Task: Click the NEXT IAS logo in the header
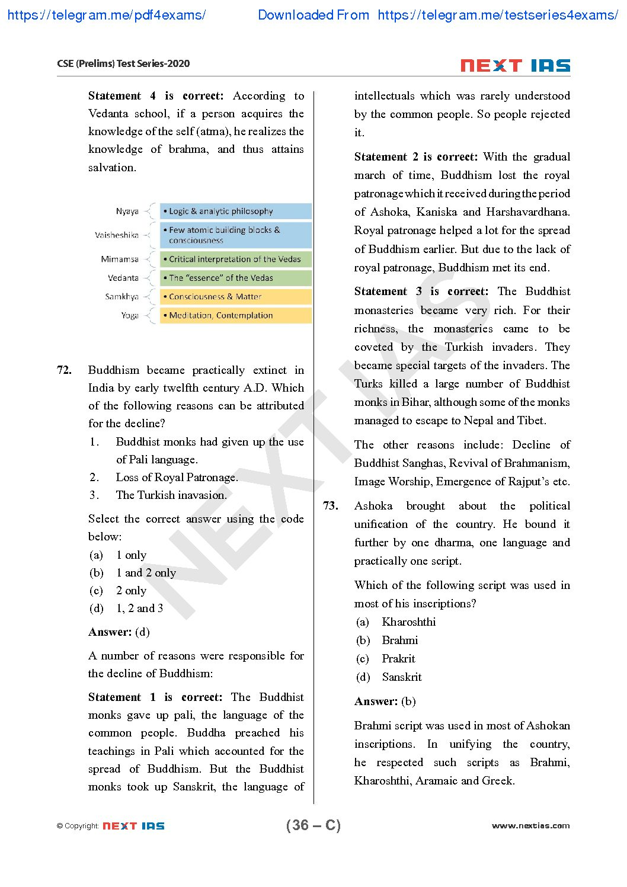point(515,65)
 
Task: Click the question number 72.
point(64,370)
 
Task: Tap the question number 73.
point(331,506)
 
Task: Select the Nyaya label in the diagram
point(127,212)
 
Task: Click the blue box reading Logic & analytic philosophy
point(235,212)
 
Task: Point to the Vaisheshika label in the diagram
point(116,235)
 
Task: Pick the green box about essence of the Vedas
point(235,278)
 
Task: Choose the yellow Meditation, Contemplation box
point(235,316)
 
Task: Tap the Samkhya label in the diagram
point(121,297)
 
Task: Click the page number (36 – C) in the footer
point(313,825)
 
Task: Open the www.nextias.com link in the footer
point(530,825)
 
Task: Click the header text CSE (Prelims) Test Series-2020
point(123,64)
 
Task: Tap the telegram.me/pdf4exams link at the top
point(107,15)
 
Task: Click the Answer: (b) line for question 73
point(385,702)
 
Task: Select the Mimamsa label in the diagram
point(120,260)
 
